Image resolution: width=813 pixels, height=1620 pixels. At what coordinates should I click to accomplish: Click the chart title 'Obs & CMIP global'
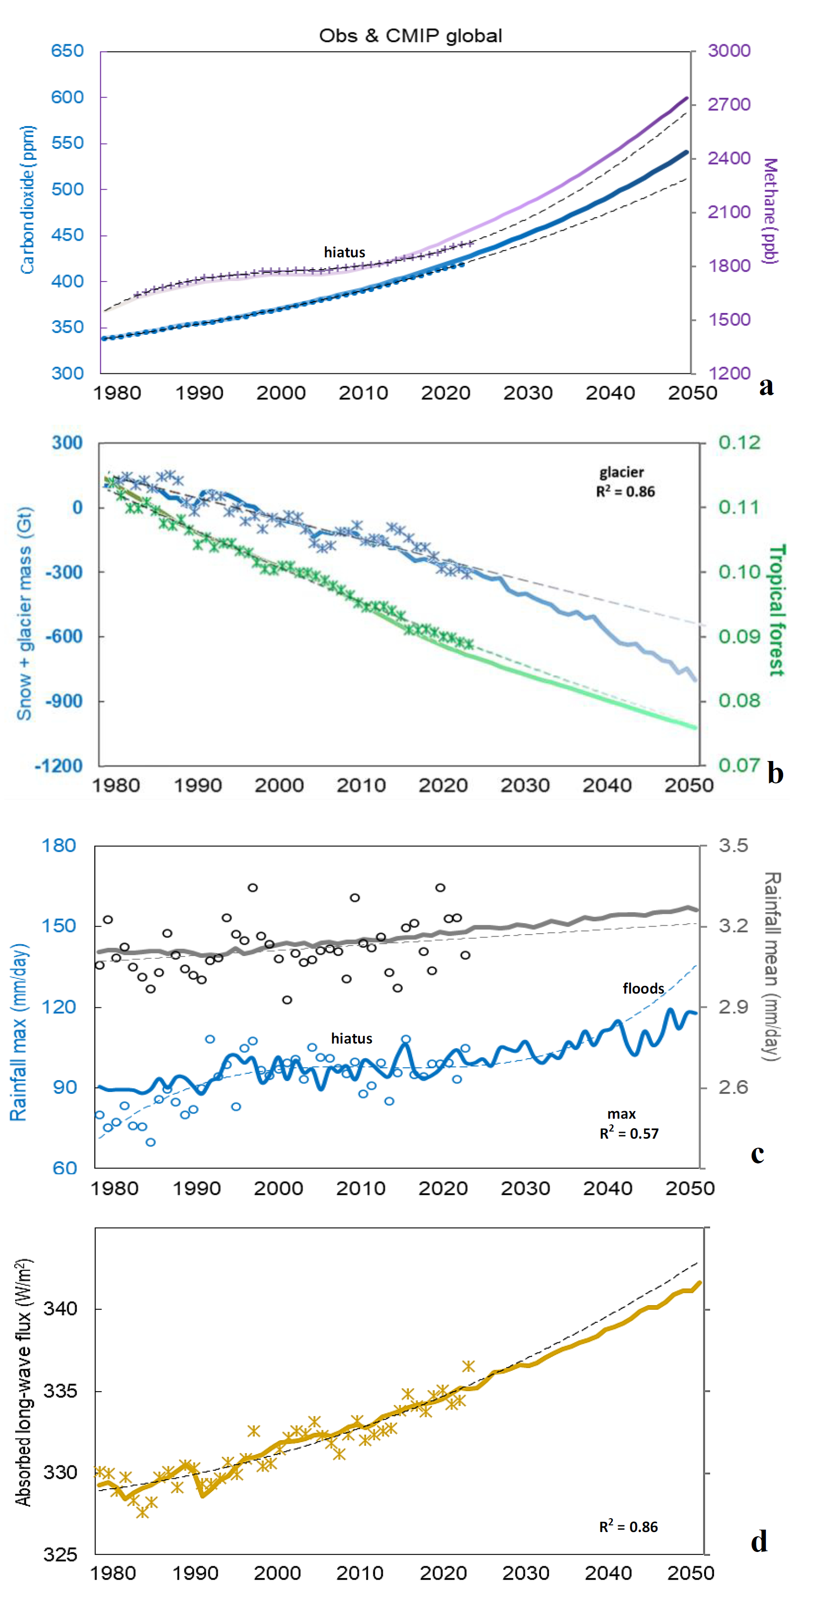tap(410, 36)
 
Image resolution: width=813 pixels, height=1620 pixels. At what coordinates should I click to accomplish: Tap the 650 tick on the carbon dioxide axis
tap(68, 51)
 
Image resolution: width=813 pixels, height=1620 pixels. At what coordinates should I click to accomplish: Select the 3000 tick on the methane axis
tap(729, 51)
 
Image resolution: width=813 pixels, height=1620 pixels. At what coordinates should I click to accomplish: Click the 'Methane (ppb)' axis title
tap(770, 211)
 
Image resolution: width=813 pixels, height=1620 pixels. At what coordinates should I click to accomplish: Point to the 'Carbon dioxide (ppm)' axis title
tap(27, 199)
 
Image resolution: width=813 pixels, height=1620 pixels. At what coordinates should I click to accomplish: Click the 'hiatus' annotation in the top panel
tap(344, 252)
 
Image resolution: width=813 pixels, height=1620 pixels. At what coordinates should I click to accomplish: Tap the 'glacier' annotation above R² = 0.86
tap(621, 472)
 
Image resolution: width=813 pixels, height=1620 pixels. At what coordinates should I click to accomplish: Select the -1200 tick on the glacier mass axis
tap(58, 766)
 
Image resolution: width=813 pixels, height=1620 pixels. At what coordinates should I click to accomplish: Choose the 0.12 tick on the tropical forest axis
tap(739, 443)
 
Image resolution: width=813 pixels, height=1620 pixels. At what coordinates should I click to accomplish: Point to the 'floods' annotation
tap(643, 989)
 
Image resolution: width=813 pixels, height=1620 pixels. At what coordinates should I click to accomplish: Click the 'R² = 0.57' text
tap(629, 1134)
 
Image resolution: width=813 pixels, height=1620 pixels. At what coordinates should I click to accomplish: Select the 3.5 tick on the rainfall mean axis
tap(733, 846)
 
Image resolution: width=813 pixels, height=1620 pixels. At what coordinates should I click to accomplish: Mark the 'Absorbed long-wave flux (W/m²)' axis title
tap(23, 1382)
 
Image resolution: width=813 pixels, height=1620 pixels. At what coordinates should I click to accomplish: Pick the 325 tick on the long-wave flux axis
tap(60, 1555)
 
